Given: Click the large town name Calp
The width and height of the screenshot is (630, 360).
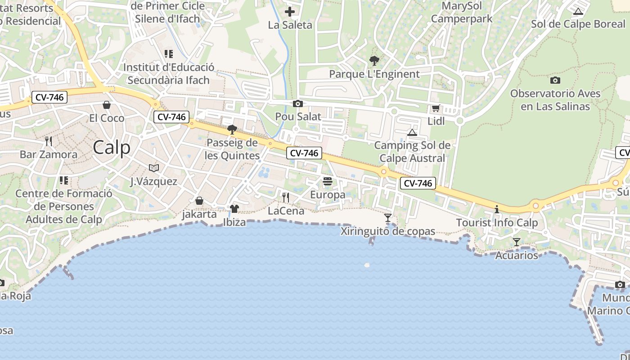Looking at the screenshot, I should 112,148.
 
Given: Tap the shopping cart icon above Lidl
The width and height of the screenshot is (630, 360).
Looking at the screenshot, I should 435,108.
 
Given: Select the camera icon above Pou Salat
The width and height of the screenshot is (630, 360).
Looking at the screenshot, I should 297,104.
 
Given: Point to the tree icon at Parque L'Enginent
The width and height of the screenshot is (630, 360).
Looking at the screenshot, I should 374,61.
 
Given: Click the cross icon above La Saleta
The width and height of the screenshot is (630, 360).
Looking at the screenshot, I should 290,12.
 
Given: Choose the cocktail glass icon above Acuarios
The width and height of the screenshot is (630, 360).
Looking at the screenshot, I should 517,242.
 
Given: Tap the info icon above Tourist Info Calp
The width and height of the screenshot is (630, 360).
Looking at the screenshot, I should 497,209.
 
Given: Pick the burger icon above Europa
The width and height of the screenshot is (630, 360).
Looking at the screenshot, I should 328,181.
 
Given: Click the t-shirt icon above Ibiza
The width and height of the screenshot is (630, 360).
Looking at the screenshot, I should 234,209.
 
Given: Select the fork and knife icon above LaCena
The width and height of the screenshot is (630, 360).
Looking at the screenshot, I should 286,197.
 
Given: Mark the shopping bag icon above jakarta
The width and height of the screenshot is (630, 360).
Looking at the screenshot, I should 199,200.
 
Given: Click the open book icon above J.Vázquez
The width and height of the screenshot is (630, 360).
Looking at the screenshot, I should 154,168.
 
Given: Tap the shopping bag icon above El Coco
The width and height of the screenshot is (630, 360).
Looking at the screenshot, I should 107,105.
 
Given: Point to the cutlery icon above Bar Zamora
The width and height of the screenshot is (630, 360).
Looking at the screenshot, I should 49,141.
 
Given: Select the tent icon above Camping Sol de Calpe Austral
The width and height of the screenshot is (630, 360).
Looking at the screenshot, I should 412,132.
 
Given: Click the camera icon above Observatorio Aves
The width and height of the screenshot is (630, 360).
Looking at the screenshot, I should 555,81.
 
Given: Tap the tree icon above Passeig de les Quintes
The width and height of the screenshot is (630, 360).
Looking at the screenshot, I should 232,130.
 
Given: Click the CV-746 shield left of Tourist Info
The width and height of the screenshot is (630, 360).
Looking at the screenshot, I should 417,183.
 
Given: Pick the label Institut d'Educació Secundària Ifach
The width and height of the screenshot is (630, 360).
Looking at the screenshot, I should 169,74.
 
